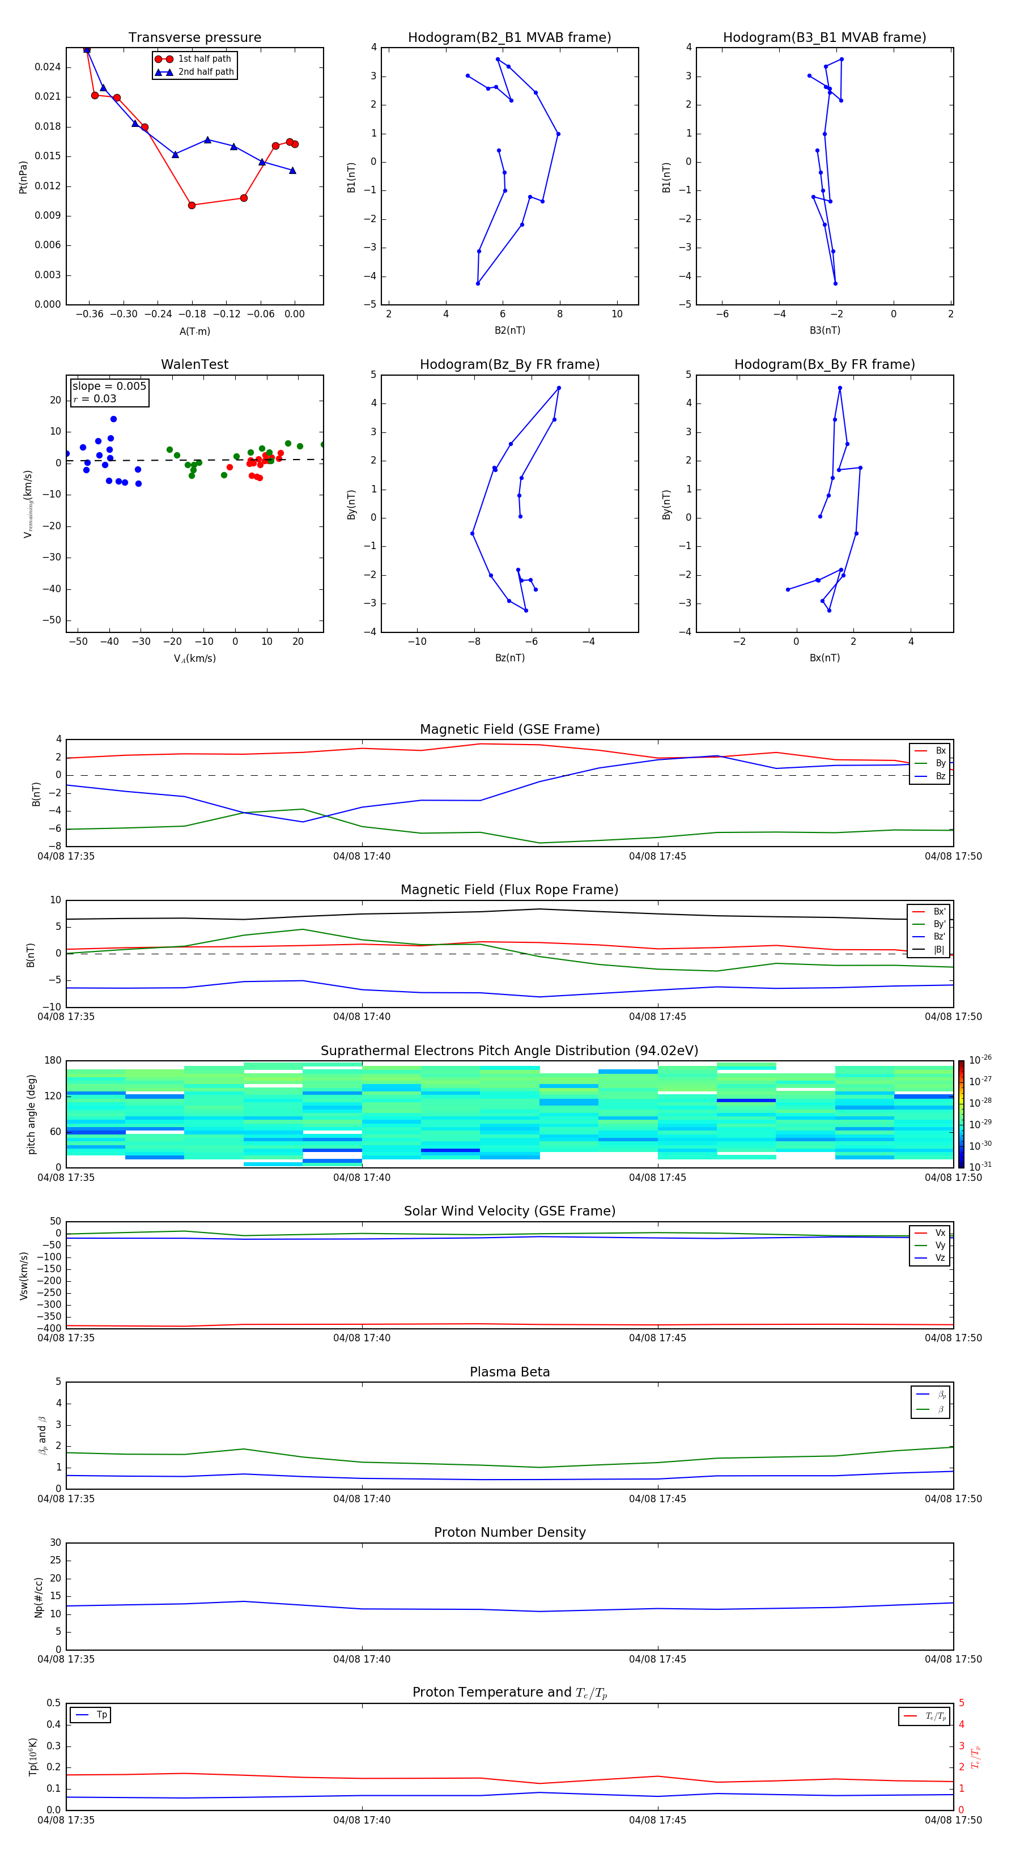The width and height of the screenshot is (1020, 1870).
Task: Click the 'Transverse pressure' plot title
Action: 194,38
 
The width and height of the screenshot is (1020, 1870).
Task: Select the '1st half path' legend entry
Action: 204,59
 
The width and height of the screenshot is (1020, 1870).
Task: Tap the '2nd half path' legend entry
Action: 206,72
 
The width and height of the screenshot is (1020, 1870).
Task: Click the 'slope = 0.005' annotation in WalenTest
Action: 109,386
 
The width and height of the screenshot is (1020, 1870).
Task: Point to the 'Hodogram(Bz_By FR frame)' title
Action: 509,364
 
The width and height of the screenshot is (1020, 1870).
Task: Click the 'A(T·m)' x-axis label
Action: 194,331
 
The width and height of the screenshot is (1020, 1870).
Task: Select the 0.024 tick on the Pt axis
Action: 48,67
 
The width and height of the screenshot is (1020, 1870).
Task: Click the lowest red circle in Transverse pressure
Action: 192,206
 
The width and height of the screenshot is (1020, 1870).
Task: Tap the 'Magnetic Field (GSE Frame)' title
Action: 509,729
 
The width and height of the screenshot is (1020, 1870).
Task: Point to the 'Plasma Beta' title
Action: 509,1372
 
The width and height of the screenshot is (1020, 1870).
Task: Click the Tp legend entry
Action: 101,1715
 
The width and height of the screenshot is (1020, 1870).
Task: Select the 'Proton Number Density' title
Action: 509,1532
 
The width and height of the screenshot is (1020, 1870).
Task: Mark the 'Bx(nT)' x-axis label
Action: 824,658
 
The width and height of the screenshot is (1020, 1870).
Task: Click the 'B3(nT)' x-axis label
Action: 824,330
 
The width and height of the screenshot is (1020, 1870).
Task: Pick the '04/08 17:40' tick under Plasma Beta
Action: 362,1499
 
